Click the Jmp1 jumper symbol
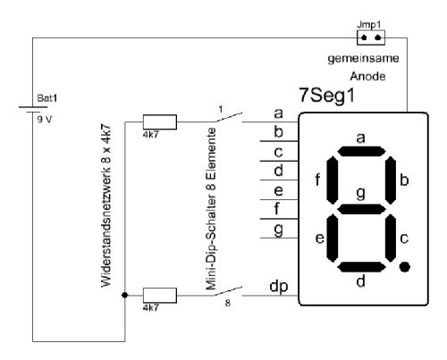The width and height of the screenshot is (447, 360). [371, 38]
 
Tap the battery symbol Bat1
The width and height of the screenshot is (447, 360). [33, 109]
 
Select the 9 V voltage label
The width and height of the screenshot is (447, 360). [45, 120]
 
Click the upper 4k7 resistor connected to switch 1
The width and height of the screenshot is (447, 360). [160, 121]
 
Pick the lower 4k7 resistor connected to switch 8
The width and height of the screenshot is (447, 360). [160, 296]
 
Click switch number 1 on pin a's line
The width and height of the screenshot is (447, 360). [228, 117]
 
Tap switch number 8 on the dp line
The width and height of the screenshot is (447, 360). [228, 291]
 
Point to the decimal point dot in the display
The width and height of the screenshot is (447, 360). [404, 266]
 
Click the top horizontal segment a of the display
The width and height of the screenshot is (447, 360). [361, 151]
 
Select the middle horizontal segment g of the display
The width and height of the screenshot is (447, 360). [361, 209]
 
